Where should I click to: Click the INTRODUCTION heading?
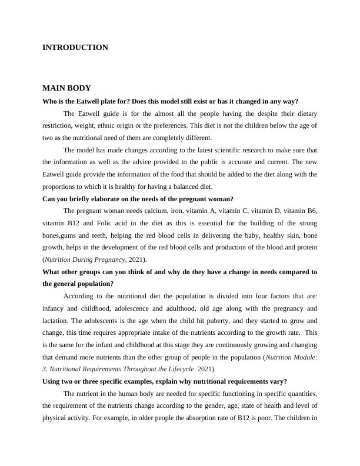pyautogui.click(x=75, y=48)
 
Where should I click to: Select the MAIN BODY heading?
pyautogui.click(x=66, y=89)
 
